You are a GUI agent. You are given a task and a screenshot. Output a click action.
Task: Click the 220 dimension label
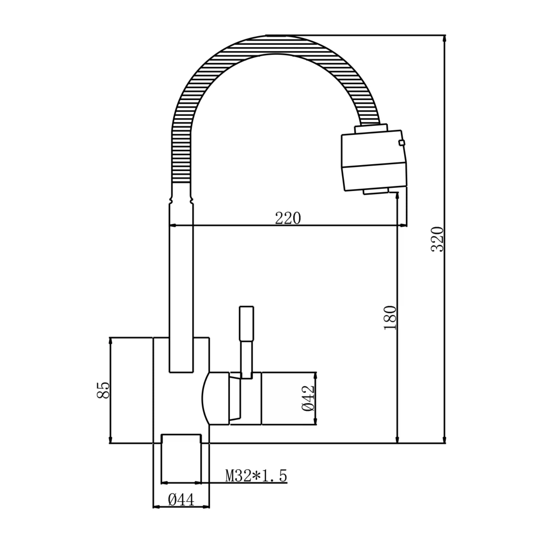[288, 218]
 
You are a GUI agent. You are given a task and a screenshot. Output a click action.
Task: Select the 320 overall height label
[437, 239]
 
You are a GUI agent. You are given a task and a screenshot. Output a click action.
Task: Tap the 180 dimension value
[391, 318]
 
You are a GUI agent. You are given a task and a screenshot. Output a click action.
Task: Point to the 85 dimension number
[103, 390]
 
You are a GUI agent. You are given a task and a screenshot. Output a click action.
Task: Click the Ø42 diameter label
[307, 398]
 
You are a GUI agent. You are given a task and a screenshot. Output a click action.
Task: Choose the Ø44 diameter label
[181, 500]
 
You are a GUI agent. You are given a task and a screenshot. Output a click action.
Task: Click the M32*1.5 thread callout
[256, 476]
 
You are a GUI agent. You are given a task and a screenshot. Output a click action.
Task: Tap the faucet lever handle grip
[247, 323]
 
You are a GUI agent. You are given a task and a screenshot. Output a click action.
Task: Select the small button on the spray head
[401, 143]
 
